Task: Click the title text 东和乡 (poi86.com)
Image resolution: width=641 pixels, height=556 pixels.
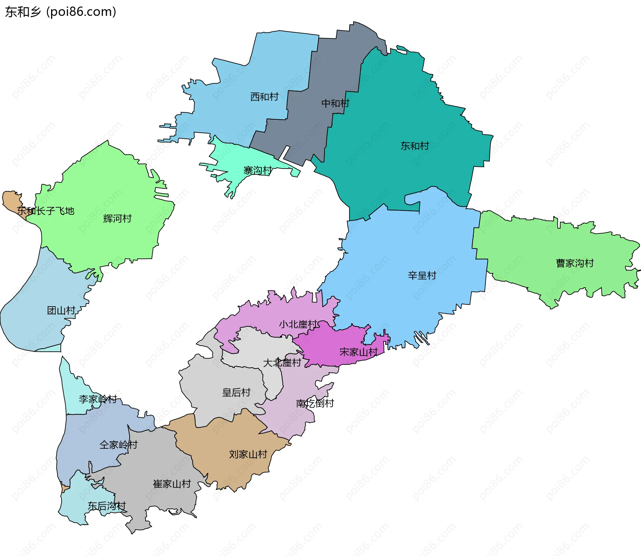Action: click(x=60, y=12)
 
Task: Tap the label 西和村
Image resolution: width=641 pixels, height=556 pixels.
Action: click(x=264, y=97)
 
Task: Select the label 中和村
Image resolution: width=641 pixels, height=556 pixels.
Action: click(x=335, y=103)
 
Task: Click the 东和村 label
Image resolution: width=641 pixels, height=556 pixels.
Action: click(x=415, y=146)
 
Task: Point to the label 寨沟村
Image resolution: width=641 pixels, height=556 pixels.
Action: click(x=258, y=171)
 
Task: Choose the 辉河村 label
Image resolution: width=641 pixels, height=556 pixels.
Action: click(x=118, y=219)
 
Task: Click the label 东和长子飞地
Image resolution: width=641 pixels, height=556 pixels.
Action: click(x=46, y=211)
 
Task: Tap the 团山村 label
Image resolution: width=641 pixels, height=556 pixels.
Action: click(x=61, y=311)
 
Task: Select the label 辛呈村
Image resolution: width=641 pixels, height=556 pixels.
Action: click(x=422, y=276)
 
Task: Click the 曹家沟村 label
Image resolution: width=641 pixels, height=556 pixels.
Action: click(x=575, y=263)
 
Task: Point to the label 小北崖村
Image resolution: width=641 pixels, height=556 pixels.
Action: click(x=298, y=324)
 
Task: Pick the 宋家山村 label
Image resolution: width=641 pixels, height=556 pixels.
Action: click(x=358, y=352)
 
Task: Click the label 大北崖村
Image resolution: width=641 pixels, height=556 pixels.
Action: click(x=282, y=363)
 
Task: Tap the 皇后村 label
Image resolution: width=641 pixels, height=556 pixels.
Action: click(x=236, y=393)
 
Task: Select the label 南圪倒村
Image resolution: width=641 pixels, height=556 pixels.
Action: click(x=315, y=404)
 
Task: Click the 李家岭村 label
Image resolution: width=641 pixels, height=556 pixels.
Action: click(x=98, y=399)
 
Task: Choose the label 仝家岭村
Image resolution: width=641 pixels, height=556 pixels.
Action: click(x=119, y=445)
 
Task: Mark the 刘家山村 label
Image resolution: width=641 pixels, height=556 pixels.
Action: click(x=248, y=454)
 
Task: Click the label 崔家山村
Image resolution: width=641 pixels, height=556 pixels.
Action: click(x=172, y=484)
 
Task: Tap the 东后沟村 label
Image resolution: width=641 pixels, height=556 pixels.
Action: click(x=106, y=506)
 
